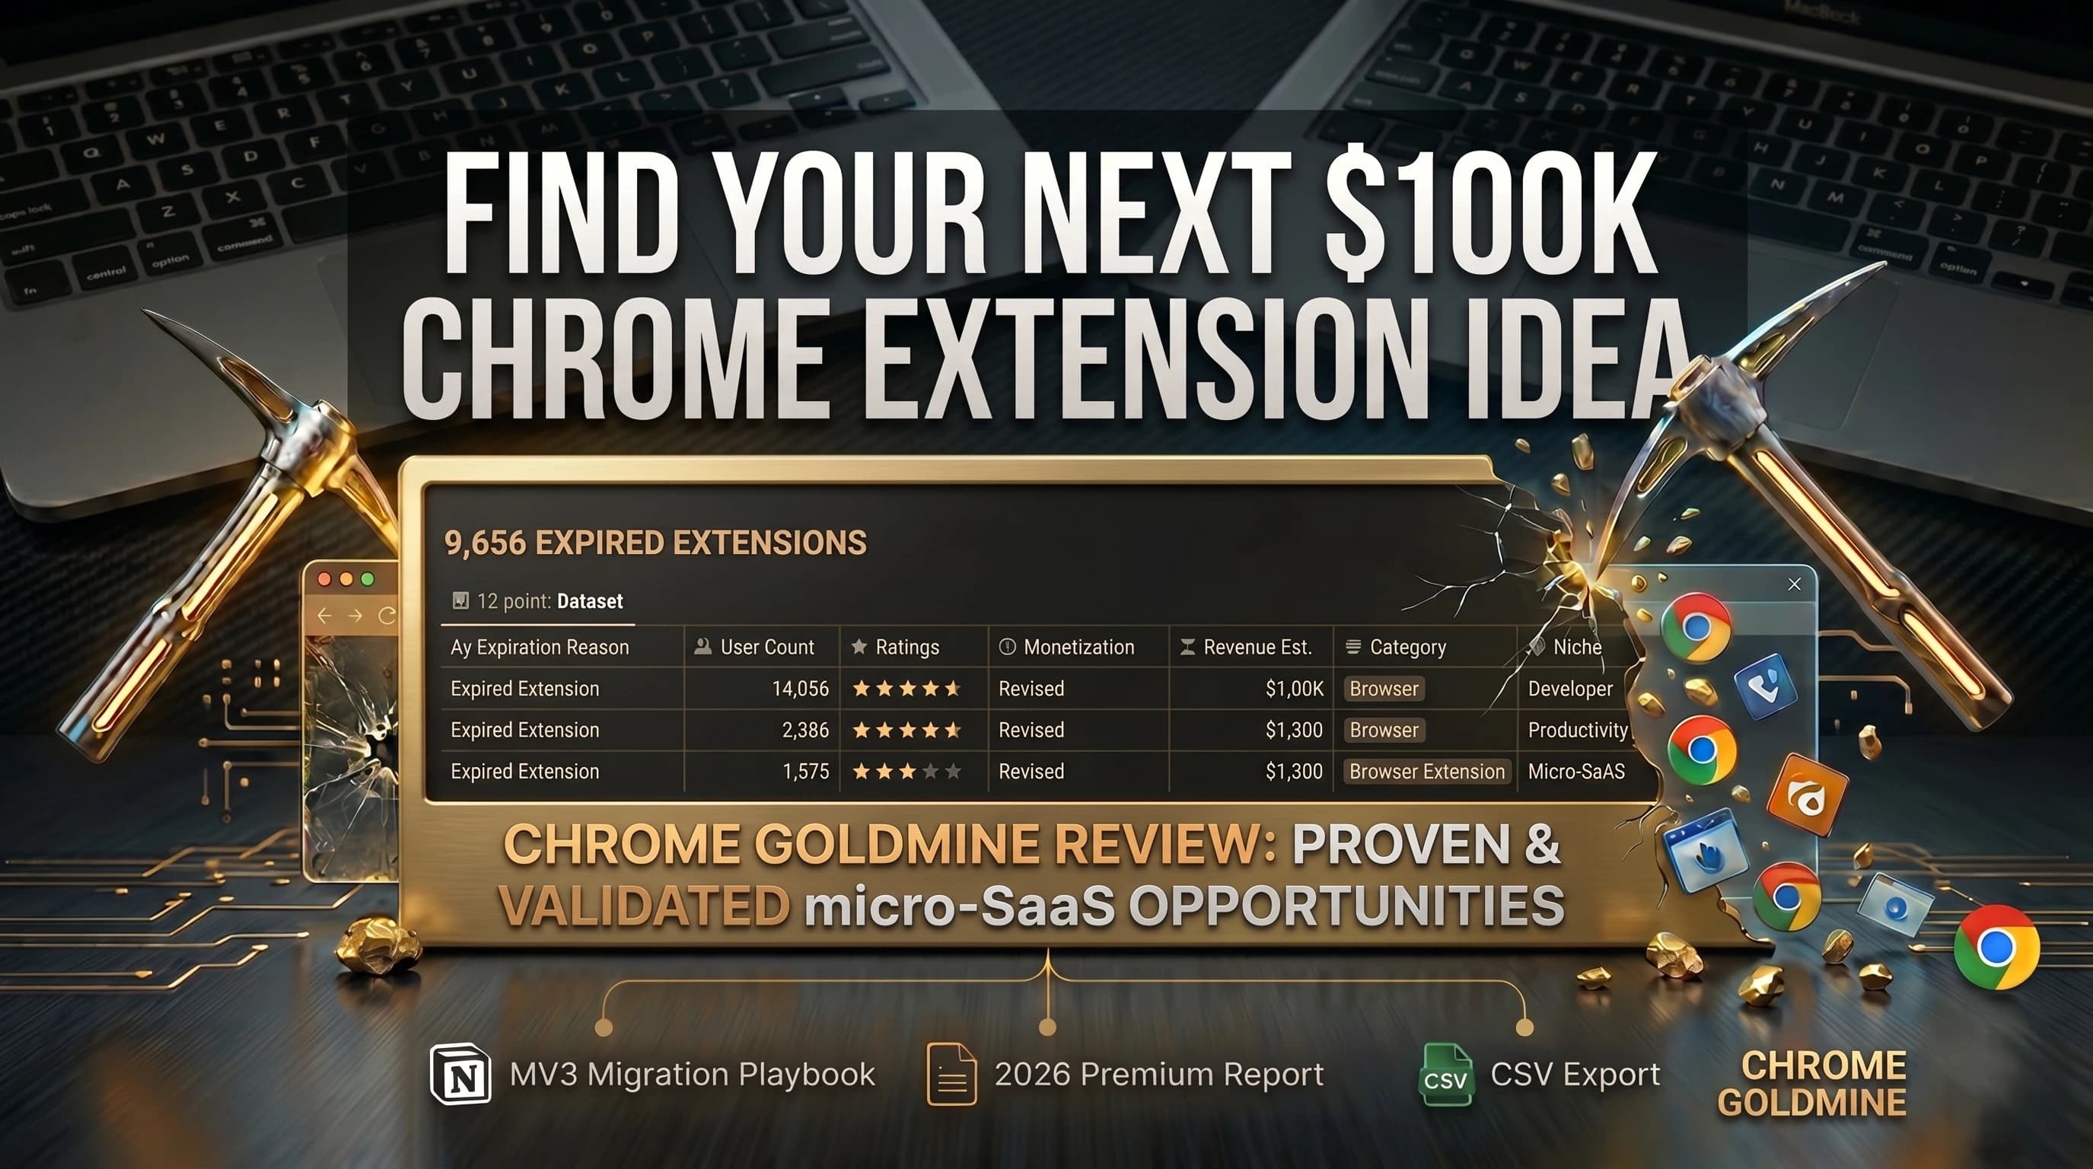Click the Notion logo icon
(x=460, y=1074)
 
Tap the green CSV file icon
(x=1446, y=1075)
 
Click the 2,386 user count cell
(x=804, y=731)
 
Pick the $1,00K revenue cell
(x=1294, y=689)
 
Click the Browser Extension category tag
(x=1427, y=772)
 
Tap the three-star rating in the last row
(x=906, y=772)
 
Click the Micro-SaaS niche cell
(x=1575, y=772)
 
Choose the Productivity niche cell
(x=1577, y=731)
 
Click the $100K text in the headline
(x=1490, y=215)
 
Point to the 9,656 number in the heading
(x=485, y=543)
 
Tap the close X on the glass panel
(x=1795, y=584)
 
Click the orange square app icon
(x=1807, y=795)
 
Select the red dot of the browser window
(x=325, y=579)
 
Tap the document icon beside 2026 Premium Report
(x=951, y=1074)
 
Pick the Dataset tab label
(x=590, y=602)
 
